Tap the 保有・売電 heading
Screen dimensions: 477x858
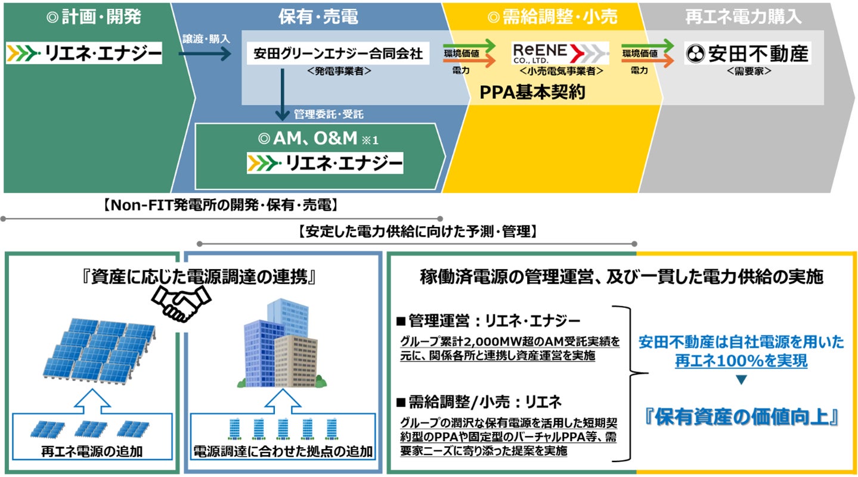pos(318,17)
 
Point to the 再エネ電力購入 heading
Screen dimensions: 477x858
pos(743,17)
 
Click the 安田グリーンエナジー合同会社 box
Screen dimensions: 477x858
pos(338,54)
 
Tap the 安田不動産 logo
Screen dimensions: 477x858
pos(748,54)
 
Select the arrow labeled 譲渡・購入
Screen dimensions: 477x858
pos(204,55)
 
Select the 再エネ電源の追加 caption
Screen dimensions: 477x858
pos(92,451)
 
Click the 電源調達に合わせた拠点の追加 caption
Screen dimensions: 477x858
pos(283,451)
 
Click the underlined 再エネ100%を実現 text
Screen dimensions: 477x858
pos(741,360)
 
